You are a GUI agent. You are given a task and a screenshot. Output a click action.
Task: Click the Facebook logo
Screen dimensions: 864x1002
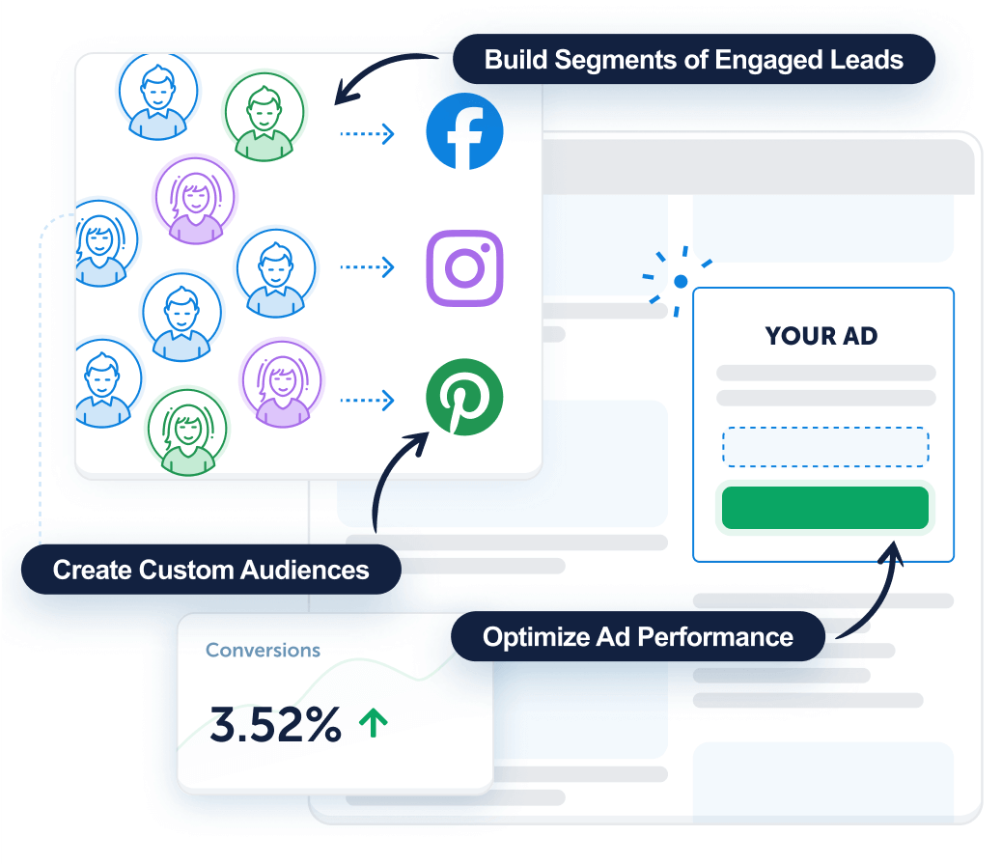point(464,132)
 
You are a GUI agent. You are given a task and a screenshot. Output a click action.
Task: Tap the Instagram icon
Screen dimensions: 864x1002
point(464,267)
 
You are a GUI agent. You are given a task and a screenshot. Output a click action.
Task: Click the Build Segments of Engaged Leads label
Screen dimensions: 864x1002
point(693,60)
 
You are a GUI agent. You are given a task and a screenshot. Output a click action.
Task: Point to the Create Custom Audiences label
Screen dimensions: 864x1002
point(210,570)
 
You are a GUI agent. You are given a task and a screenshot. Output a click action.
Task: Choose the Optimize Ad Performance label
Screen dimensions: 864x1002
point(638,637)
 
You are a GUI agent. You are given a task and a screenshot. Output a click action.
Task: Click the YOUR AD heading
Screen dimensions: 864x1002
point(821,336)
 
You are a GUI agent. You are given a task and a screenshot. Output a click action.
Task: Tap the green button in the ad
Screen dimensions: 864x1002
point(825,508)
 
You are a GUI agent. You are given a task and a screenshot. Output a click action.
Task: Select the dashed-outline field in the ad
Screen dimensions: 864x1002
point(825,447)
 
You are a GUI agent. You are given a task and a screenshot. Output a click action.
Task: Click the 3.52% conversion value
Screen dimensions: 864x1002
point(275,725)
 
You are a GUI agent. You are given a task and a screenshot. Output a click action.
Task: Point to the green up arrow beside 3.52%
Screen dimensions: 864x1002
point(373,723)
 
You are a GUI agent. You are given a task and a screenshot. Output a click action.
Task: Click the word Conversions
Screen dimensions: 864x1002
point(263,651)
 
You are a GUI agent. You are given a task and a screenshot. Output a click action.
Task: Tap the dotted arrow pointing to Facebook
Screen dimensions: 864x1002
point(367,133)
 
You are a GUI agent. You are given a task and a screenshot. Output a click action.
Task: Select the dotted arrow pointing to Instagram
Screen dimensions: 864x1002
point(367,267)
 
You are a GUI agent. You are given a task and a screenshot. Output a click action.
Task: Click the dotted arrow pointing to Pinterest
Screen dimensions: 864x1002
point(367,399)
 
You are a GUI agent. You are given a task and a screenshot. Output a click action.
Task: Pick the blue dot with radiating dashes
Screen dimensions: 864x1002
point(681,281)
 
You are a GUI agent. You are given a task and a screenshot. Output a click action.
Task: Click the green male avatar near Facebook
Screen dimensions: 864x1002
point(264,116)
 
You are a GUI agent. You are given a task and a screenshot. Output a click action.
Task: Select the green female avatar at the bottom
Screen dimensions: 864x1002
point(187,431)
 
